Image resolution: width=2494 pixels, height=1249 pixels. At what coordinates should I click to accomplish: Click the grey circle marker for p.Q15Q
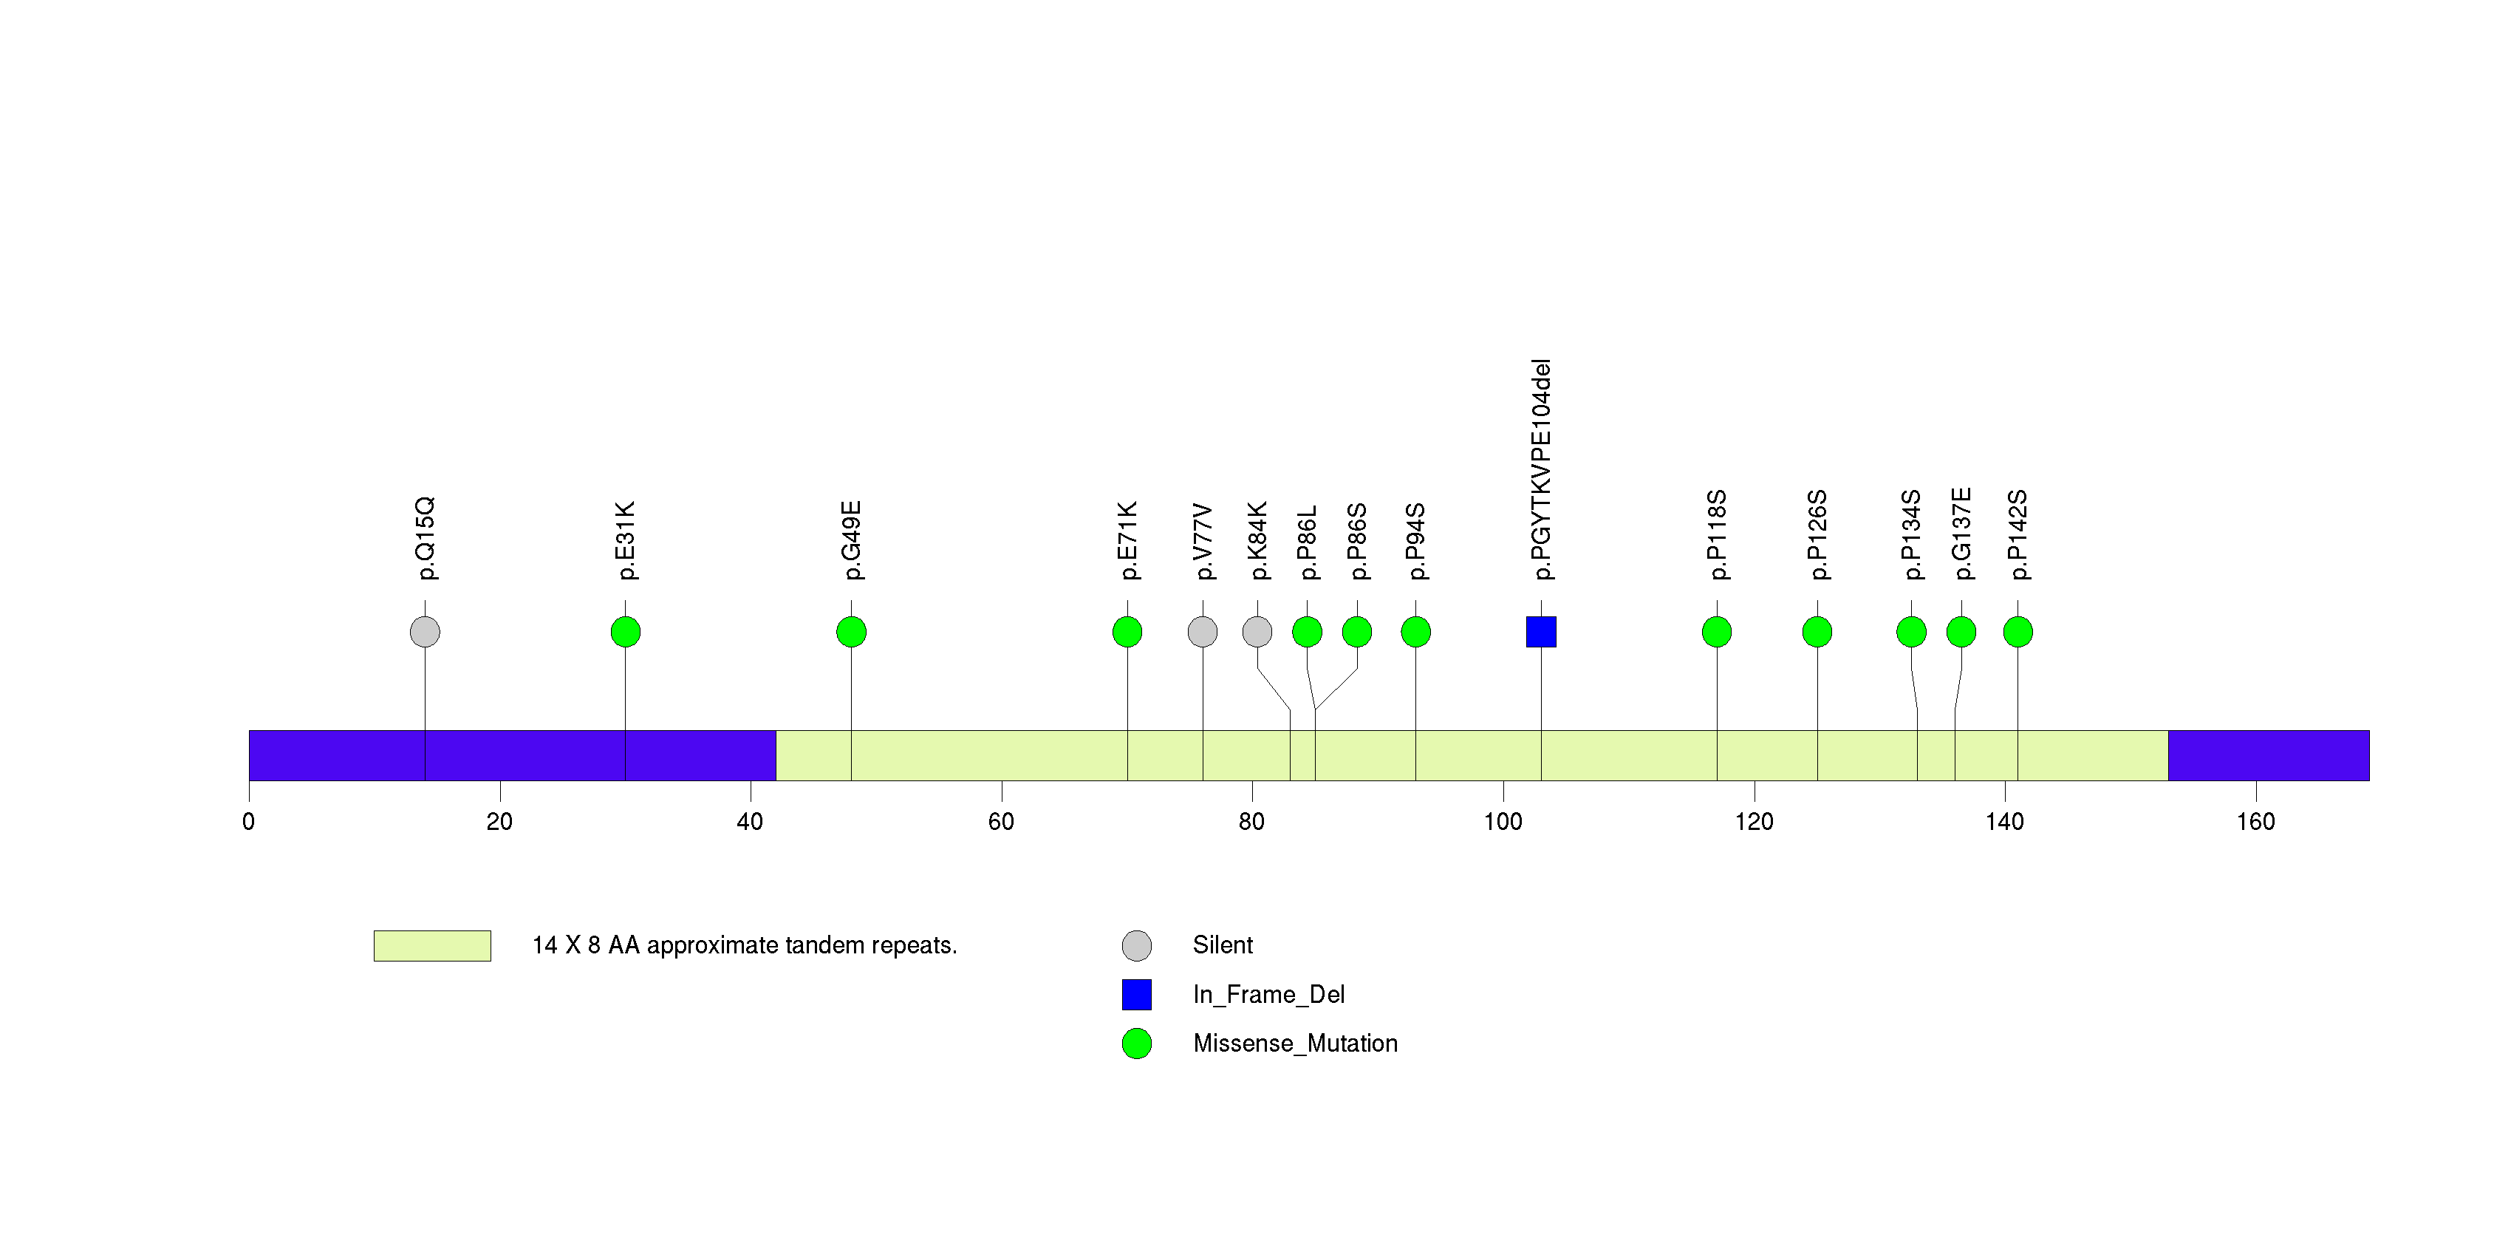point(425,632)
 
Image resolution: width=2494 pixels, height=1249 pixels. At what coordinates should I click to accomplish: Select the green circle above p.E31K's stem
point(626,632)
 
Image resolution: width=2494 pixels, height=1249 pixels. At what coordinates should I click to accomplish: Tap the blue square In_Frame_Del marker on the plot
point(1541,632)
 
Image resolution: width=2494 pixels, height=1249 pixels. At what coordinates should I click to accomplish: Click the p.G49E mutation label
point(851,540)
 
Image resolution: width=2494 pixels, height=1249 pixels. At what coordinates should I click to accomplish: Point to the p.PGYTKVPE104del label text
point(1541,469)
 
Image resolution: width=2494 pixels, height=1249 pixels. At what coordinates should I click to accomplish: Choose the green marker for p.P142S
point(2018,632)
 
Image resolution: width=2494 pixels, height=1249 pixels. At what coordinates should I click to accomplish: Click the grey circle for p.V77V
point(1203,632)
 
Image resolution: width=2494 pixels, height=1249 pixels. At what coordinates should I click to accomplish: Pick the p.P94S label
point(1415,541)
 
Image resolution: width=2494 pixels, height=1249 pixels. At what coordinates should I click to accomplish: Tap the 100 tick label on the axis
point(1503,822)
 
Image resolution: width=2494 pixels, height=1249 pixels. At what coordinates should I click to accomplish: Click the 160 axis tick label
point(2256,822)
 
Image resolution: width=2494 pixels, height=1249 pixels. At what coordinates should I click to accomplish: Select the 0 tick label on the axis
point(249,822)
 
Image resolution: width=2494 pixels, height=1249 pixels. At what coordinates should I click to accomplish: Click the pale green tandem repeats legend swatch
point(432,946)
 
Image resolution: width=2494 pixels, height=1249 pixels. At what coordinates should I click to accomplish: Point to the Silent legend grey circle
point(1137,946)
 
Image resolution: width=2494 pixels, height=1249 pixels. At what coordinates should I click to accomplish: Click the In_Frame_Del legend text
point(1268,994)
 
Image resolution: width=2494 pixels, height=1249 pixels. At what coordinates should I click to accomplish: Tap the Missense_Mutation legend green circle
point(1137,1044)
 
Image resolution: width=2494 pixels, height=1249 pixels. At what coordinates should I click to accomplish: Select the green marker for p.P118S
point(1717,632)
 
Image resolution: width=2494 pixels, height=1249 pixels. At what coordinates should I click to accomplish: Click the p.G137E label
point(1961,534)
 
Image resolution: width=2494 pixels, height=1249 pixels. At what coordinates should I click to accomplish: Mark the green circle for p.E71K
point(1127,632)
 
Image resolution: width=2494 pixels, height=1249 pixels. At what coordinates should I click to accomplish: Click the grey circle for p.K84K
point(1257,632)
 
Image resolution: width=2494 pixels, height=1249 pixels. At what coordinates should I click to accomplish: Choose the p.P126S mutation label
point(1817,534)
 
